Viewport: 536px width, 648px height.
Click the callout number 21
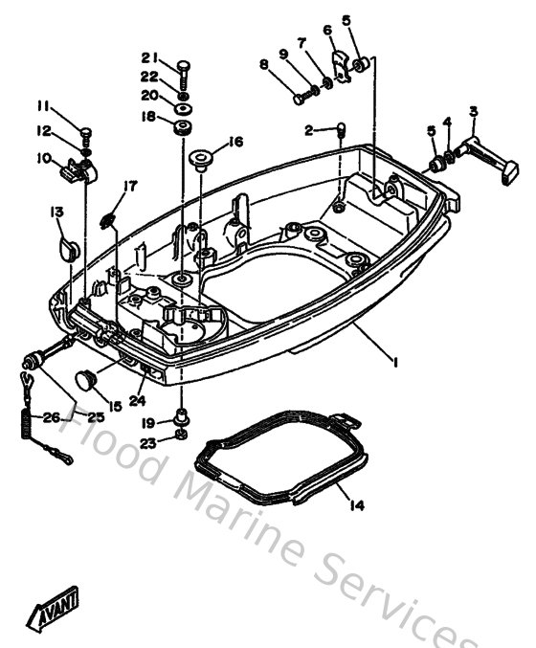coord(149,57)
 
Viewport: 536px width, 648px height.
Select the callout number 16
coord(235,142)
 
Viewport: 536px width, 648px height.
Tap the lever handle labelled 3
coord(480,151)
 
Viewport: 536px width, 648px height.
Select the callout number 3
coord(472,112)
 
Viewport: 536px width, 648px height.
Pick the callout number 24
coord(137,401)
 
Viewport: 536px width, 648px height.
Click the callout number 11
coord(43,104)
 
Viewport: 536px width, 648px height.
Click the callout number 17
coord(130,186)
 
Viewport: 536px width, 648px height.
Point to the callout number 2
coord(308,128)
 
